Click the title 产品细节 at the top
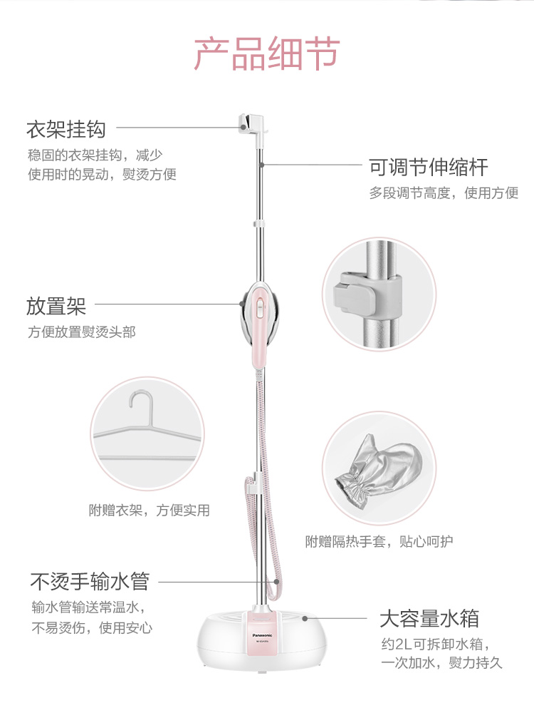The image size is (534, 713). (x=267, y=55)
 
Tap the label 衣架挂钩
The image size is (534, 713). (x=66, y=129)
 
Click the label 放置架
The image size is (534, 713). (x=56, y=306)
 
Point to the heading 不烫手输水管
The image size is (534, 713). (x=89, y=581)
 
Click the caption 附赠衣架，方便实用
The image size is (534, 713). (x=149, y=511)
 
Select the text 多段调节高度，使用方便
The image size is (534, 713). (x=443, y=193)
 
